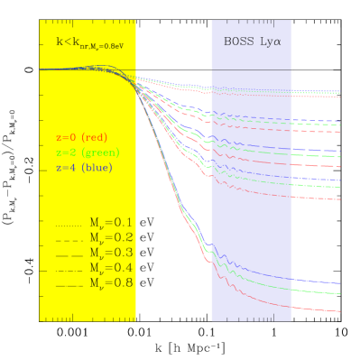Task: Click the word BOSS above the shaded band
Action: click(x=237, y=42)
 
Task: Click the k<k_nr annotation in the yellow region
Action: click(x=88, y=42)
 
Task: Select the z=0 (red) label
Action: click(x=88, y=137)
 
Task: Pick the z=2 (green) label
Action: click(x=88, y=152)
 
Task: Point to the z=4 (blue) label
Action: click(x=88, y=168)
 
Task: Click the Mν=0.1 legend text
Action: click(x=111, y=222)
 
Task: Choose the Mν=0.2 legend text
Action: click(x=111, y=237)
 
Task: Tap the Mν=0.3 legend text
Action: click(x=111, y=253)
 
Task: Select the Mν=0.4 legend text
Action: click(x=111, y=268)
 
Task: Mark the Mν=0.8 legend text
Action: click(x=111, y=283)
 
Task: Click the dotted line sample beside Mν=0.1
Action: click(x=69, y=223)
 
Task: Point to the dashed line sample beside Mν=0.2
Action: click(x=69, y=238)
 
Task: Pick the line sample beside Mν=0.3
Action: click(x=69, y=254)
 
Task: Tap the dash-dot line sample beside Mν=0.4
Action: click(x=69, y=269)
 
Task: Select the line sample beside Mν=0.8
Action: click(x=69, y=284)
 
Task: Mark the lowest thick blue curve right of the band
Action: click(x=316, y=283)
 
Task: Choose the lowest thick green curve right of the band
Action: click(x=316, y=292)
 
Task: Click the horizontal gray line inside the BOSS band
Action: click(x=251, y=69)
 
